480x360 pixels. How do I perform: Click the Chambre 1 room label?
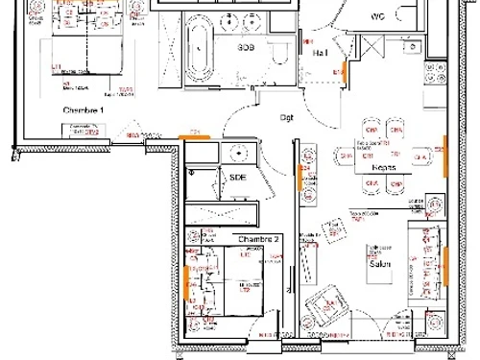(x=83, y=111)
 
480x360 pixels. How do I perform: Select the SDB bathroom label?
(x=248, y=46)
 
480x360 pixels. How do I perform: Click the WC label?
(x=377, y=16)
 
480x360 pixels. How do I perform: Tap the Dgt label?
(x=287, y=118)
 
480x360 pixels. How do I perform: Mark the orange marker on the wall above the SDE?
(x=198, y=139)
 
